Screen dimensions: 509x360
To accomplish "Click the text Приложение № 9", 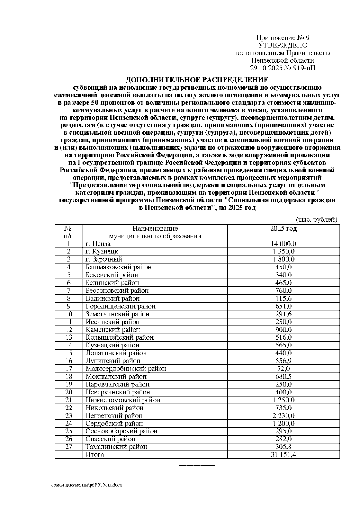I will [283, 38].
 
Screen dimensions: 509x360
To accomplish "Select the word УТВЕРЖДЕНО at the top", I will [283, 45].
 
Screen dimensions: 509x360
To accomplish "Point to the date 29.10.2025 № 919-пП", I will [283, 68].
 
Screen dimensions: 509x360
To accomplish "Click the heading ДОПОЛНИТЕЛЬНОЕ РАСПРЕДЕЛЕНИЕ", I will [197, 80].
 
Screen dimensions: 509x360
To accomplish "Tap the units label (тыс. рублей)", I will [317, 220].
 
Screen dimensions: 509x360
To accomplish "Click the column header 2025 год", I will [283, 229].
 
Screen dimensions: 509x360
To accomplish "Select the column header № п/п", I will [69, 232].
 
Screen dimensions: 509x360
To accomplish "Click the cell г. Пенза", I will [98, 244].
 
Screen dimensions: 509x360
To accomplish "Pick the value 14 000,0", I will [283, 244].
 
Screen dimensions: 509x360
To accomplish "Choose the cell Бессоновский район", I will [117, 291].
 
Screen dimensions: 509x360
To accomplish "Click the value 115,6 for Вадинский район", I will [283, 298].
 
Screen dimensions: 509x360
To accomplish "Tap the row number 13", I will [69, 337].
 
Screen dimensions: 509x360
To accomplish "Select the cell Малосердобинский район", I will [126, 369].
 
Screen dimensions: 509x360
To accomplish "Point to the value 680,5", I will [283, 376].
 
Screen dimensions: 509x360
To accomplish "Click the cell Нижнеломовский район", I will [123, 400].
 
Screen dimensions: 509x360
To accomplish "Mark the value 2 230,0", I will [283, 415].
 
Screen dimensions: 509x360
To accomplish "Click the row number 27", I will [69, 447].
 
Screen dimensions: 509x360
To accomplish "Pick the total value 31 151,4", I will [283, 454].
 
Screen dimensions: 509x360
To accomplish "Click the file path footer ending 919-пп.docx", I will [87, 485].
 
